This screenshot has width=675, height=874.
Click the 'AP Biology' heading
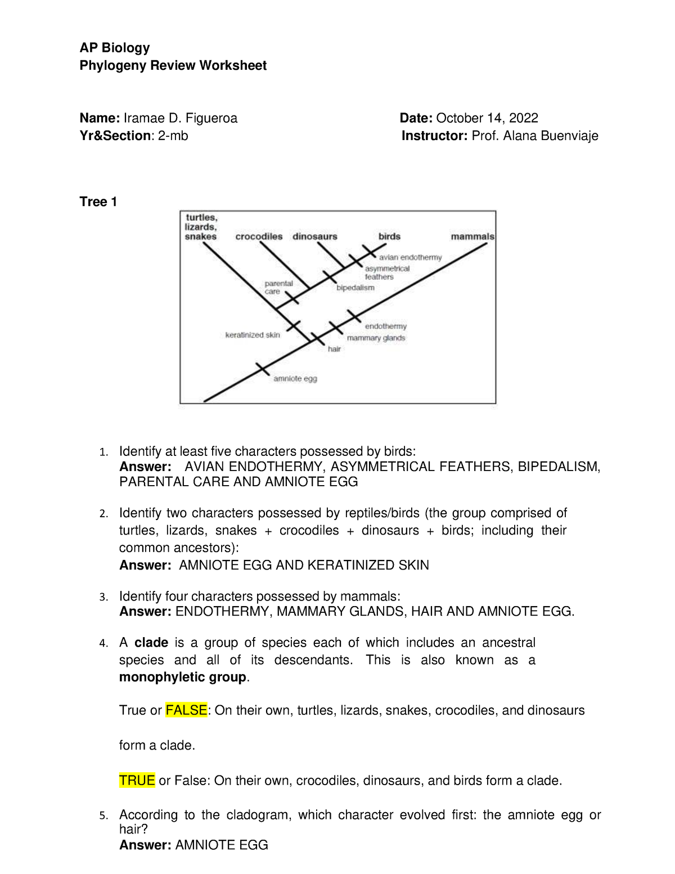(115, 48)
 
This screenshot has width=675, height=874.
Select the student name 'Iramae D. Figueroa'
(180, 118)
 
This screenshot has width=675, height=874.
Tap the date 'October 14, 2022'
(487, 118)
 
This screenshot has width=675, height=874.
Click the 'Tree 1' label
(98, 202)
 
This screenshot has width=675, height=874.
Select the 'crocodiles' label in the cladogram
(259, 236)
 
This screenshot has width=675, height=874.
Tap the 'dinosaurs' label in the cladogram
(314, 236)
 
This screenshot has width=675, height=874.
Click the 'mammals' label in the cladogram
(472, 236)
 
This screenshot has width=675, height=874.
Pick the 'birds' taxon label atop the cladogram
(389, 236)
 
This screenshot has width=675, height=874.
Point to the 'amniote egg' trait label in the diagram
(295, 379)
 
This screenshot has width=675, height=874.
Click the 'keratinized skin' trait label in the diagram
(253, 335)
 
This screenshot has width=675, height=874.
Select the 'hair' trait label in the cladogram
(334, 349)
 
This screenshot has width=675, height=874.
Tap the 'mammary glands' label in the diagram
(376, 338)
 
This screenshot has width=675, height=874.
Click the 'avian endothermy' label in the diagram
(411, 257)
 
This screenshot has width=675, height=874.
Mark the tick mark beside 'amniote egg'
(263, 369)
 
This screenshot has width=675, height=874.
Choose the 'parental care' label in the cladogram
(278, 288)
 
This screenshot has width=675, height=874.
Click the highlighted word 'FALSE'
(186, 710)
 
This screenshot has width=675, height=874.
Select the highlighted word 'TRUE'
(137, 781)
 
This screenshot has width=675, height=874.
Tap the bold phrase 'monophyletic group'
(183, 677)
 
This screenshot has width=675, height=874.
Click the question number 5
(102, 815)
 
